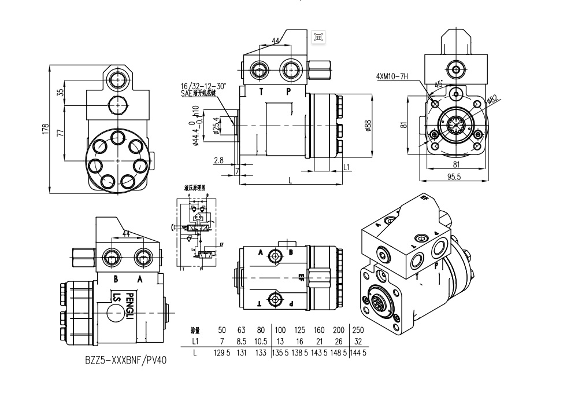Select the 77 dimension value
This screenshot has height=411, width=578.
pos(60,133)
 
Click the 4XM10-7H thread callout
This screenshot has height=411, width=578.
pos(392,76)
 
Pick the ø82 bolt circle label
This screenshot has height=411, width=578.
pos(492,100)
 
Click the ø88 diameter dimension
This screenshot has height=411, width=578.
pos(368,125)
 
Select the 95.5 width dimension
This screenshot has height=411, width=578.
pos(454,177)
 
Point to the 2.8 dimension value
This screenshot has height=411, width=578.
pos(218,160)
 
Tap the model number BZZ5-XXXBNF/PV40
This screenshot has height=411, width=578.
pos(125,360)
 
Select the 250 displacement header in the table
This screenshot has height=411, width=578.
pos(358,330)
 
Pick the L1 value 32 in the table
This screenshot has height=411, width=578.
pos(358,341)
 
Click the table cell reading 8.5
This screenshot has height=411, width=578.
pos(242,341)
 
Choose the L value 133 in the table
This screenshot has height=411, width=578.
pos(261,352)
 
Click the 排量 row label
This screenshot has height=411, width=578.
pos(195,331)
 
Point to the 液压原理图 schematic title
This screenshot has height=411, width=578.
pos(195,188)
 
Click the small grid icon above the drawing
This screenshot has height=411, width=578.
pos(317,37)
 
